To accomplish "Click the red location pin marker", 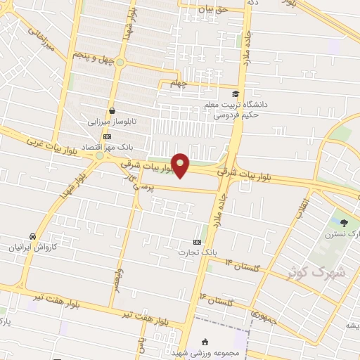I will [x=181, y=165].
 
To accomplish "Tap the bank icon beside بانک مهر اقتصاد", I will [x=106, y=136].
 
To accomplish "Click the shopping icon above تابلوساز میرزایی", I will [x=112, y=110].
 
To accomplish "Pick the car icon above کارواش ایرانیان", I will [x=32, y=236].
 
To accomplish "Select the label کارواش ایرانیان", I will [x=31, y=247].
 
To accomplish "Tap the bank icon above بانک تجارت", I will [x=196, y=240].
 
